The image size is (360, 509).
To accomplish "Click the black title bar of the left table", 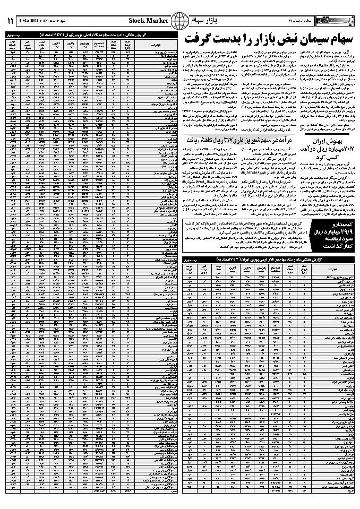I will tap(90, 34).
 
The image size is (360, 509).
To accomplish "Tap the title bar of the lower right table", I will tap(268, 258).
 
